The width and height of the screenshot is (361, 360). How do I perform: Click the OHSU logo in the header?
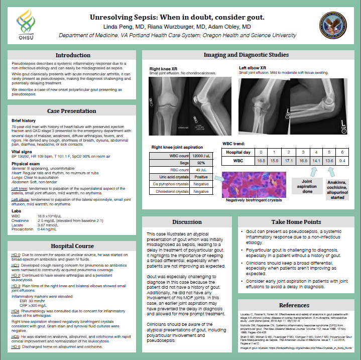26,25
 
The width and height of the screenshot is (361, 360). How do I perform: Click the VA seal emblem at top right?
334,24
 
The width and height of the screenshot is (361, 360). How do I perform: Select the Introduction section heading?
73,55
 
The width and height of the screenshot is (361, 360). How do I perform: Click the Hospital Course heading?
72,246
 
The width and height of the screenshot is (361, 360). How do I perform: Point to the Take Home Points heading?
296,221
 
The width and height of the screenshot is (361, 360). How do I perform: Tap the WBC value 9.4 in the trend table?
342,161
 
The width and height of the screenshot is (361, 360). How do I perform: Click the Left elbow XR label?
252,67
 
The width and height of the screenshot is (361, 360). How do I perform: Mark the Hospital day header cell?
237,152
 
